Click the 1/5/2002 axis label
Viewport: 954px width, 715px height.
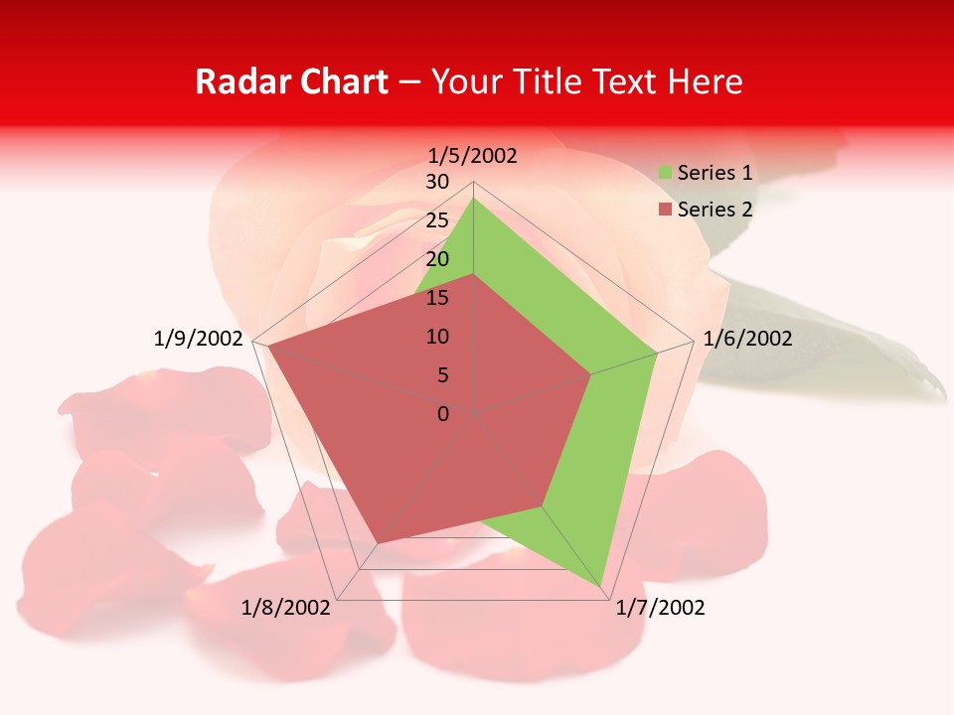(x=473, y=155)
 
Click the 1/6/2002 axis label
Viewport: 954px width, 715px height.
(x=747, y=339)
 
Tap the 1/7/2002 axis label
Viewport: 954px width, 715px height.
(x=660, y=608)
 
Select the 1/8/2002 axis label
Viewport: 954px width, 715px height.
(x=286, y=608)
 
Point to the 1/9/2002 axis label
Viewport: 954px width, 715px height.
(x=199, y=339)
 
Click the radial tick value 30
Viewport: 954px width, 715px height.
(x=437, y=182)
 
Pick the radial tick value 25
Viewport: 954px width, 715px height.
(x=437, y=220)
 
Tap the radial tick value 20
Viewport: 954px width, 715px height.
(x=437, y=259)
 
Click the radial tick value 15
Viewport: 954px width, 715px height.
(x=437, y=298)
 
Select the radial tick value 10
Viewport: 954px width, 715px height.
(x=437, y=337)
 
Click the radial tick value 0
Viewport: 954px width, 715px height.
(x=443, y=414)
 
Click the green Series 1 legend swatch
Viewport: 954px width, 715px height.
(x=666, y=174)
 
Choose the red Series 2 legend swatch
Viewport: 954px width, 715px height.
(x=666, y=210)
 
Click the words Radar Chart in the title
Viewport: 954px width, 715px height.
(x=291, y=82)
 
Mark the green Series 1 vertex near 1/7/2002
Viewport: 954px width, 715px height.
(x=602, y=586)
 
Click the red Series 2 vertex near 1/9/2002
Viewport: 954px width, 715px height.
(x=265, y=345)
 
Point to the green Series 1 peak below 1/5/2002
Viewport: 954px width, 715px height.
(x=473, y=199)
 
